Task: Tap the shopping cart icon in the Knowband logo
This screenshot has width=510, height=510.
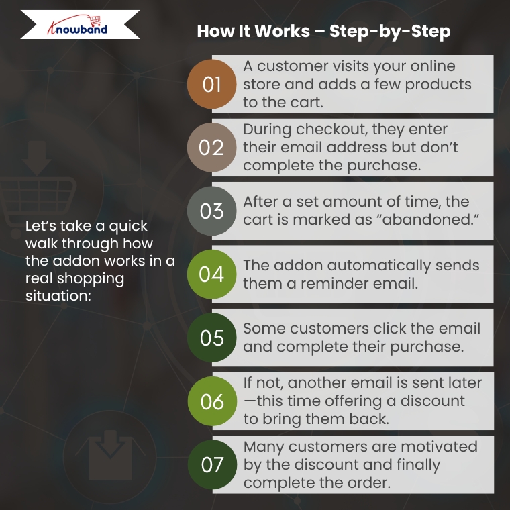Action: coord(95,21)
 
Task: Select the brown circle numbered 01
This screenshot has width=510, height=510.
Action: coord(212,85)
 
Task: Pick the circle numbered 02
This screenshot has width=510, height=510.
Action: coord(212,148)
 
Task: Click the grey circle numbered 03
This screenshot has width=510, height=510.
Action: coord(212,211)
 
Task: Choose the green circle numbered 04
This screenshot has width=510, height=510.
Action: coord(212,274)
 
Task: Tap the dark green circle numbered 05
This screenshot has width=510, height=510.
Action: coord(212,338)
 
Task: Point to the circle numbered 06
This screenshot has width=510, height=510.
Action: coord(212,401)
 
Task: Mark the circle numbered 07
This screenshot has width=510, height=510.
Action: coord(212,464)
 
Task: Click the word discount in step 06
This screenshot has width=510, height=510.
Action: coord(432,401)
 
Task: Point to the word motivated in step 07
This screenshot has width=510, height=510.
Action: coord(439,446)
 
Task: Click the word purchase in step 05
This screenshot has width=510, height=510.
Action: coord(426,347)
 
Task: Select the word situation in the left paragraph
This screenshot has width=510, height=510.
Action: coord(58,296)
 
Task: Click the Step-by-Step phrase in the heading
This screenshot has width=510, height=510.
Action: coord(390,32)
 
